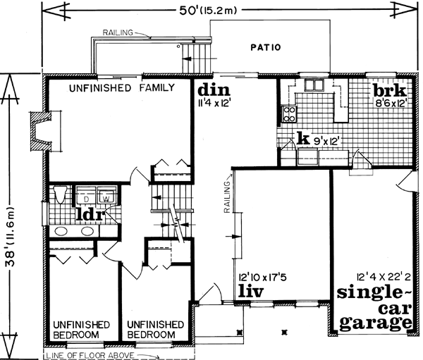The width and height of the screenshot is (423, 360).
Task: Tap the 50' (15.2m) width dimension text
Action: click(212, 10)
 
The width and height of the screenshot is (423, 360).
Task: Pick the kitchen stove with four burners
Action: click(288, 113)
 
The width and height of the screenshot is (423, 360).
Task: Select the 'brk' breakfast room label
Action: click(388, 92)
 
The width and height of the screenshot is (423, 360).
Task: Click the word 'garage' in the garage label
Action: click(374, 323)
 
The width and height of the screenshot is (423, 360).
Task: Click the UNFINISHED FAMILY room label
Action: click(121, 88)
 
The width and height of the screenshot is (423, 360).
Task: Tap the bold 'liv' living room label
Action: click(252, 291)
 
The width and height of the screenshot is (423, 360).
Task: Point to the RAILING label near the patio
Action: click(116, 32)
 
